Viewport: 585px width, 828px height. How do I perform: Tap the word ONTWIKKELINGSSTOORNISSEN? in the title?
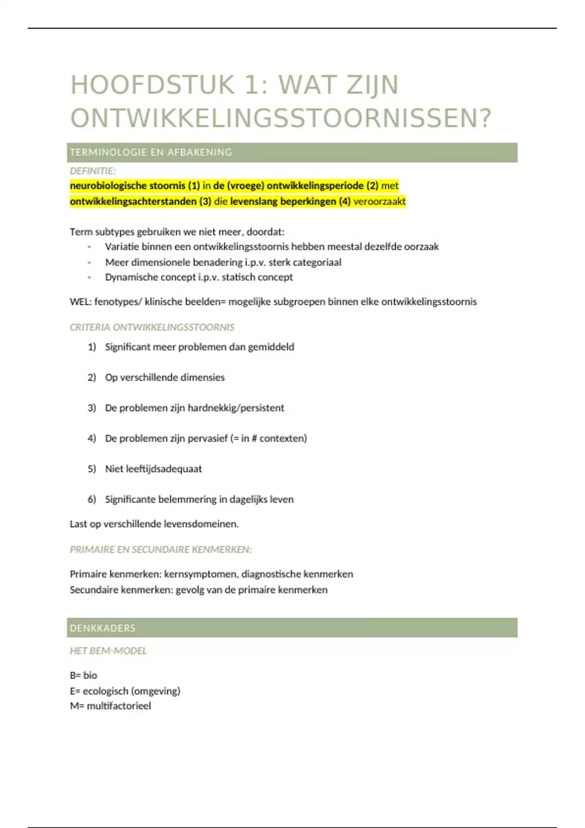[x=281, y=118]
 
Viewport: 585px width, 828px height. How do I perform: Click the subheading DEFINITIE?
[x=93, y=171]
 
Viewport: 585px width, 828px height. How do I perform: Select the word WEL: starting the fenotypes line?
[x=80, y=301]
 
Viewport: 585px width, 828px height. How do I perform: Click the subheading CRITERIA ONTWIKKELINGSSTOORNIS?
[x=152, y=327]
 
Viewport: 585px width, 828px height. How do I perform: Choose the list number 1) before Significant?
[x=92, y=347]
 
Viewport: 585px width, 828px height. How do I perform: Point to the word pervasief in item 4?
[x=207, y=438]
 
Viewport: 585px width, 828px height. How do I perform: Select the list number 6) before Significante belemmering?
[x=92, y=499]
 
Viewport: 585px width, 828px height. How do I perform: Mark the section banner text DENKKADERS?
[x=103, y=628]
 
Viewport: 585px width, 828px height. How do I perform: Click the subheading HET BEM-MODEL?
[x=108, y=651]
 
